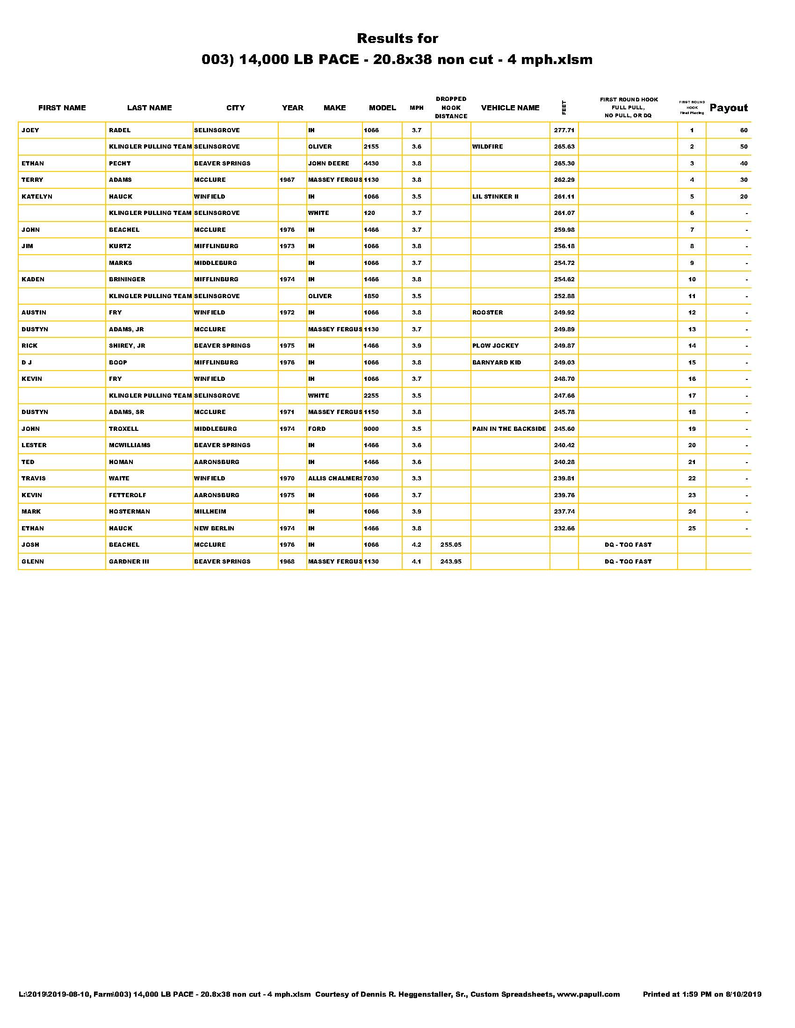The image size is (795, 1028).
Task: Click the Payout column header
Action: click(x=728, y=108)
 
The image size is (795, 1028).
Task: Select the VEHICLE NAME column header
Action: click(x=510, y=108)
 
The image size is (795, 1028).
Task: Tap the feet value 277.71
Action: click(x=564, y=130)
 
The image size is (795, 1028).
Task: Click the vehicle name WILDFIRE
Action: click(x=487, y=147)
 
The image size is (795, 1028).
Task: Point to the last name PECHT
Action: click(x=120, y=164)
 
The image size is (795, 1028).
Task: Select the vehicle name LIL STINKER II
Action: click(x=495, y=197)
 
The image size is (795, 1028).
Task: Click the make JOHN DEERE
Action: click(x=329, y=164)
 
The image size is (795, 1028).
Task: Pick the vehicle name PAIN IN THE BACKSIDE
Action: click(x=509, y=429)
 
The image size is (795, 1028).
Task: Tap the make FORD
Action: click(x=317, y=429)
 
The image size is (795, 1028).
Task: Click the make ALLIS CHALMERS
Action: click(x=335, y=478)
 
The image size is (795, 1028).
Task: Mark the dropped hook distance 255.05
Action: click(x=451, y=545)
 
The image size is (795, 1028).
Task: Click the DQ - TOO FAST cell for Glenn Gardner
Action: click(x=628, y=562)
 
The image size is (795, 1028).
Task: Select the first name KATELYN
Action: click(x=37, y=197)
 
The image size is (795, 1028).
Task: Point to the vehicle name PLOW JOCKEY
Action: click(x=495, y=346)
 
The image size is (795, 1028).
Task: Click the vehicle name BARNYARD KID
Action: click(x=496, y=363)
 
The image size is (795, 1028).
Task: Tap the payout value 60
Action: click(x=744, y=130)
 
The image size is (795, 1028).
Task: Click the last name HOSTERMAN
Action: click(x=130, y=512)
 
